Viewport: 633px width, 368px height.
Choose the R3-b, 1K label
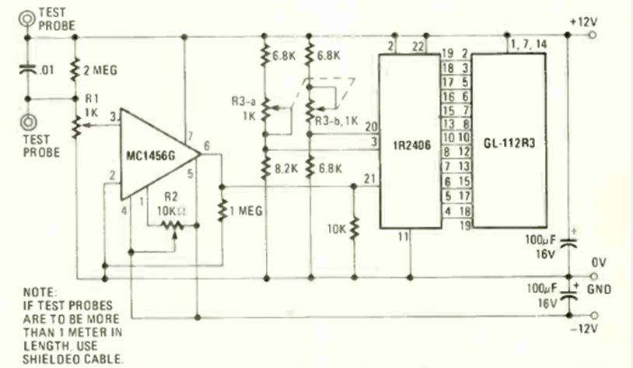click(x=335, y=121)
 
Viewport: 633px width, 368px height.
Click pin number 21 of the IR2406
click(x=369, y=179)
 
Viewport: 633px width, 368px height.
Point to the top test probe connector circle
click(x=30, y=16)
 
